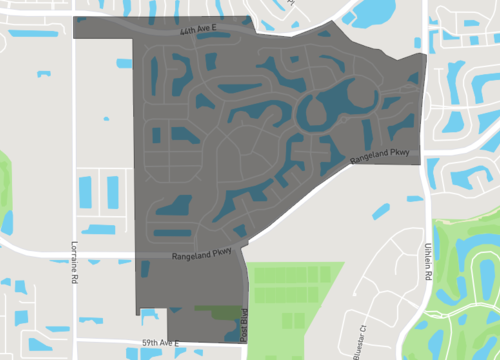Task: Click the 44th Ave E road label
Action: [200, 33]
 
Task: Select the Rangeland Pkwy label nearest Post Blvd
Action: [202, 254]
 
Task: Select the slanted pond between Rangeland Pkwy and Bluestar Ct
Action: [379, 209]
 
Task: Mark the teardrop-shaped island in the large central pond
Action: [334, 100]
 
